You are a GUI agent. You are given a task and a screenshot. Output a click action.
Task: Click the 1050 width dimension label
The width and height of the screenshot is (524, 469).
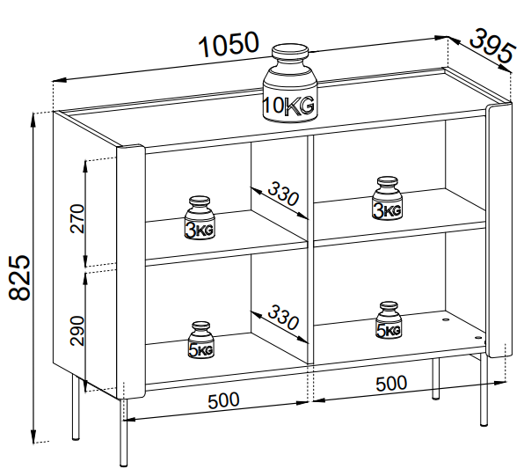point(229,44)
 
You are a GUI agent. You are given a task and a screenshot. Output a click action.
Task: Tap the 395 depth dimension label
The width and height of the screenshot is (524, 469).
point(491,46)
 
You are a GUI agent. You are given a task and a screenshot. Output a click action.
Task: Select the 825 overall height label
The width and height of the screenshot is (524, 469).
point(19,277)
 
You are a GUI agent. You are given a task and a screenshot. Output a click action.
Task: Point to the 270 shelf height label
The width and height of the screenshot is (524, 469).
point(77,218)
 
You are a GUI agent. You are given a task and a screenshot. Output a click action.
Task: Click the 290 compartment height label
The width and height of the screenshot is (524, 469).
point(77,330)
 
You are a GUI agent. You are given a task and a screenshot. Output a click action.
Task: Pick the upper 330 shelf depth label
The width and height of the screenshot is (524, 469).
point(283,194)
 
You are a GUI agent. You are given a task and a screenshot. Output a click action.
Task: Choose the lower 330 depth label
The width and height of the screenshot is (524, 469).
point(283,317)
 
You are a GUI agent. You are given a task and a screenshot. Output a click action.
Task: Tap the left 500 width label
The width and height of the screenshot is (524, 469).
point(223,400)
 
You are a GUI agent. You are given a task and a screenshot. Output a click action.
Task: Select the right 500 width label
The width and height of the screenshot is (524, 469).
point(391,384)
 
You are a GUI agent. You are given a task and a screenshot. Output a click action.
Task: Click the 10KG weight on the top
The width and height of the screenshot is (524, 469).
point(290,83)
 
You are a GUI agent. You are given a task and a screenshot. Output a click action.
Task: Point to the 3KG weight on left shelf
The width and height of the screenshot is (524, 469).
point(200,217)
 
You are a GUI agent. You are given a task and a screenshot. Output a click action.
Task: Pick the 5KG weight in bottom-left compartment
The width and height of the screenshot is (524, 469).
point(200,340)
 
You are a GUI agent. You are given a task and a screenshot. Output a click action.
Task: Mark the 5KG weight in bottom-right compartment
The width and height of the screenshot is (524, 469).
point(389,319)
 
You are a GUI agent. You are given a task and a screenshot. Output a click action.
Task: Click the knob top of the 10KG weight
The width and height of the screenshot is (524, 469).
point(290,52)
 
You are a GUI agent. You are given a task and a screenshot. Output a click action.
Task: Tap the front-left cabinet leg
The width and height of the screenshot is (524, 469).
point(124,432)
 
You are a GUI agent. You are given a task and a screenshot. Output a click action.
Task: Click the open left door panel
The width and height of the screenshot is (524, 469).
point(131,272)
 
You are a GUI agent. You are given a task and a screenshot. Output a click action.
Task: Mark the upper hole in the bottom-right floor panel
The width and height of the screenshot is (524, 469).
point(446,320)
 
